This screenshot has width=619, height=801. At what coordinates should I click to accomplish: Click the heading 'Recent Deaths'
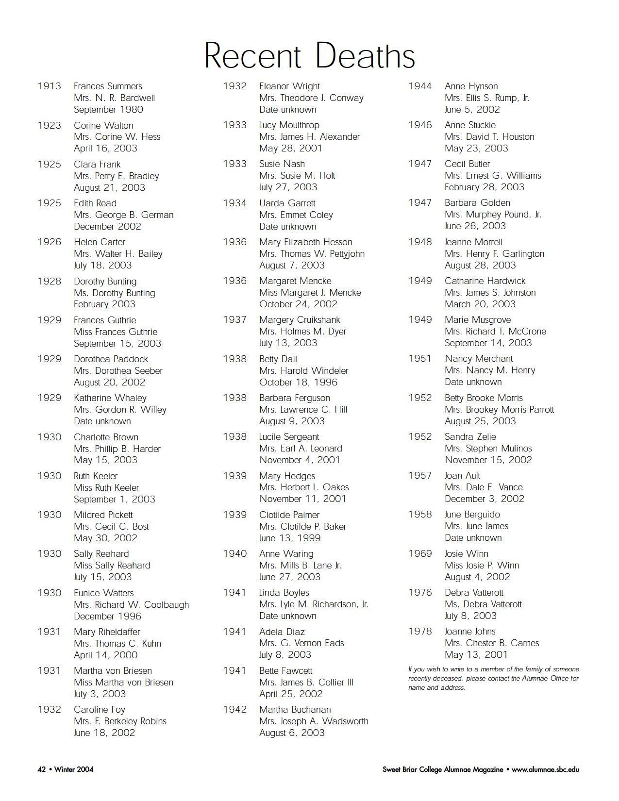point(309,55)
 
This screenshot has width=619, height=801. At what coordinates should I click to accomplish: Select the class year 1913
point(50,86)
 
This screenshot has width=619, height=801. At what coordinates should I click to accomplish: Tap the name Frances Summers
point(108,86)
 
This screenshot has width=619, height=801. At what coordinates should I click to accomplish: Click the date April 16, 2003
point(105,149)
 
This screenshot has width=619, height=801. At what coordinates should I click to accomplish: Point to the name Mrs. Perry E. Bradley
point(117,176)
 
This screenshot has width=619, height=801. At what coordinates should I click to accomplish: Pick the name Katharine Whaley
point(110,398)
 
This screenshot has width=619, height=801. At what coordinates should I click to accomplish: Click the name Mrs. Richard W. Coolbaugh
point(131,605)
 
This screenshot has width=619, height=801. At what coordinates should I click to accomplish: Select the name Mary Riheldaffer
point(107,632)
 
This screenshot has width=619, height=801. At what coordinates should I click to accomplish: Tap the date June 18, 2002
point(104,733)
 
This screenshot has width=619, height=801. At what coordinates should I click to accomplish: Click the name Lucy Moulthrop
point(289,125)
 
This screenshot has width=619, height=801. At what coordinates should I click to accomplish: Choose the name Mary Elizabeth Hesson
point(305,242)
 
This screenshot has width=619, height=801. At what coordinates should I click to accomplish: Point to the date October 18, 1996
point(298,383)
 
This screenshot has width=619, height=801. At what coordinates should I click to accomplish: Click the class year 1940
point(235,554)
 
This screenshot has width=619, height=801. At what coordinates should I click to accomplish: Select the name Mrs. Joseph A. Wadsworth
point(314,721)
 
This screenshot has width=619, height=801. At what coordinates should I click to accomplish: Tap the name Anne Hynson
point(471,86)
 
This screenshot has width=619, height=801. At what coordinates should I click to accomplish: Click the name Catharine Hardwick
point(485,281)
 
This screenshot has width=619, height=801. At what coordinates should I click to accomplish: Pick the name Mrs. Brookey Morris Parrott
point(499,410)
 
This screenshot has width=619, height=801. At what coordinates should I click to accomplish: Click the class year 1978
point(420,632)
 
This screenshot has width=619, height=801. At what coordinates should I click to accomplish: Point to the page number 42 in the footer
point(42,769)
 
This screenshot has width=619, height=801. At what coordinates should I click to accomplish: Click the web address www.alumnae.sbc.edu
point(545,769)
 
